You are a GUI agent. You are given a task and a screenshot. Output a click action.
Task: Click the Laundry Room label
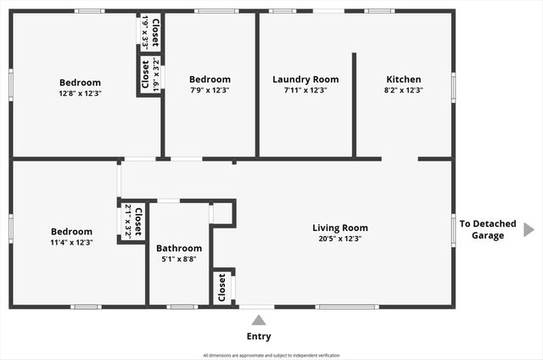pos(305,80)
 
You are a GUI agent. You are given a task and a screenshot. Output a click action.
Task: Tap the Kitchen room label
pos(403,80)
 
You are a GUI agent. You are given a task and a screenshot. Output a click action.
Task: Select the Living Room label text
pos(340,228)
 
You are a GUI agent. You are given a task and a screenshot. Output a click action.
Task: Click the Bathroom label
pos(179,249)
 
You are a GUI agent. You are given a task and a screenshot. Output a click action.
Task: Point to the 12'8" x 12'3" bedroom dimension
pos(80,93)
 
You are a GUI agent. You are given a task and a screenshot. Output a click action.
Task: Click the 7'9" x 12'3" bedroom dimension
pos(209,90)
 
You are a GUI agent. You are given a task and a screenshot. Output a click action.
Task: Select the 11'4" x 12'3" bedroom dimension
pos(71,242)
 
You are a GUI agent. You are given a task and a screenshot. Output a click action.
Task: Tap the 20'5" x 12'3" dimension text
pos(340,239)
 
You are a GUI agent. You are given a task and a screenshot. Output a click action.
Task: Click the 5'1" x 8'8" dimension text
pos(179,259)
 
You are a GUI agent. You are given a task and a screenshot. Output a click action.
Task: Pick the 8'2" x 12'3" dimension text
pos(403,90)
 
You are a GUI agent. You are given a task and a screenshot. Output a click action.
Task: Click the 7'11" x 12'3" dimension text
pos(305,90)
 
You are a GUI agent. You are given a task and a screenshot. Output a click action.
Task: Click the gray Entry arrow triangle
pos(259,320)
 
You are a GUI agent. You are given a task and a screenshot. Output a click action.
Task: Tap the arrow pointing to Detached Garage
pos(529,229)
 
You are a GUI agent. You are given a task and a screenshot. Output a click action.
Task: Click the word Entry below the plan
pos(259,336)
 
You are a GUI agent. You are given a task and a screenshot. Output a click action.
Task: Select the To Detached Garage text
pos(488,229)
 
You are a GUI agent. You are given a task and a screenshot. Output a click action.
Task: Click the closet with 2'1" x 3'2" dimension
pos(132,220)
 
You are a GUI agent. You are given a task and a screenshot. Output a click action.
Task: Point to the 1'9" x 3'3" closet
pos(151,32)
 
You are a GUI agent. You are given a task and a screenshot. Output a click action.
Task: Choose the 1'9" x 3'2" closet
pos(150,74)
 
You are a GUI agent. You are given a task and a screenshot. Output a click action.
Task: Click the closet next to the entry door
pos(222,287)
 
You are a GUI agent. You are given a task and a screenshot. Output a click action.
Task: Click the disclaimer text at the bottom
pos(271,355)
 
